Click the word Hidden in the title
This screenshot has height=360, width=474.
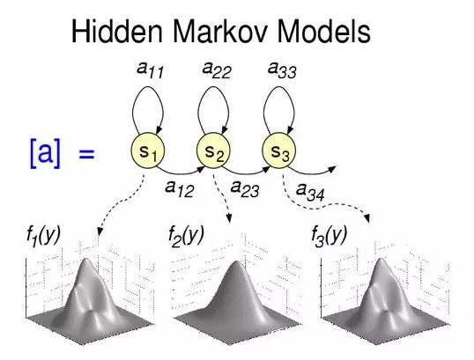point(117,32)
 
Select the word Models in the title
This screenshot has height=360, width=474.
point(323,32)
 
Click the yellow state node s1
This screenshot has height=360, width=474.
point(148,151)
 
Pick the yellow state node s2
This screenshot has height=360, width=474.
point(213,151)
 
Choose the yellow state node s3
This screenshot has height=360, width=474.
point(278,151)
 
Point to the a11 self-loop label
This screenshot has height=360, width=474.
point(150,70)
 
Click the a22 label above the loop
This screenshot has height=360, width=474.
point(217,70)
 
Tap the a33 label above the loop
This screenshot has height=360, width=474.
point(282,70)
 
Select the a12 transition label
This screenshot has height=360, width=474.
point(179,188)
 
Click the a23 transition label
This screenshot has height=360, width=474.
point(245,188)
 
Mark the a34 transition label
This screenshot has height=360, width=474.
point(310,193)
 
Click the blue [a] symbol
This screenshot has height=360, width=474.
point(45,153)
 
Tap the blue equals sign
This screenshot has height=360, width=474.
point(86,154)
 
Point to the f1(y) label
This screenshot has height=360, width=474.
point(43,236)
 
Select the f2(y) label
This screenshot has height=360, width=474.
point(186,236)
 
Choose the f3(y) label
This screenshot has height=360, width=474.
point(330,236)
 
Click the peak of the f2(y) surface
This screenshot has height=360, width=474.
point(235,263)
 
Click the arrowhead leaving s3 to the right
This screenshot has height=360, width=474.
point(332,168)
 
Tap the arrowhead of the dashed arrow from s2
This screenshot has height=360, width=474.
point(229,218)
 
